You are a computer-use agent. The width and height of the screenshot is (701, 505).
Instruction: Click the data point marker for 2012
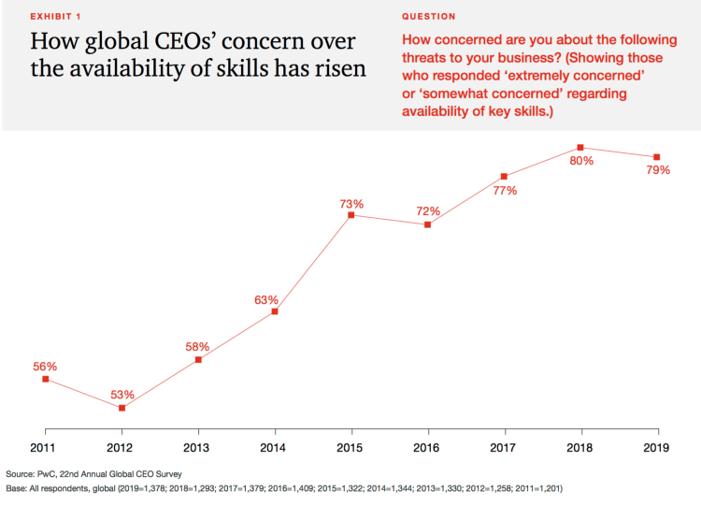122,408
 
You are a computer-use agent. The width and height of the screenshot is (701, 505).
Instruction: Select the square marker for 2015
350,215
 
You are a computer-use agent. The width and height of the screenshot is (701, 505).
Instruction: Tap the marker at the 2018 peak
580,147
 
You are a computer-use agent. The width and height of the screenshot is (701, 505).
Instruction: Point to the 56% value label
45,367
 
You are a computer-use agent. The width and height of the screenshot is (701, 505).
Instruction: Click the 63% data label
266,300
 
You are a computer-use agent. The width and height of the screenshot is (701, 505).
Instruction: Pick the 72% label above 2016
427,212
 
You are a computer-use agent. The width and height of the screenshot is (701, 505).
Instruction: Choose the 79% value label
658,170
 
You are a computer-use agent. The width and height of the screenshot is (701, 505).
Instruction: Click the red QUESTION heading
429,17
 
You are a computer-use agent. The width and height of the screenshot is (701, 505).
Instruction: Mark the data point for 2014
274,311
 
